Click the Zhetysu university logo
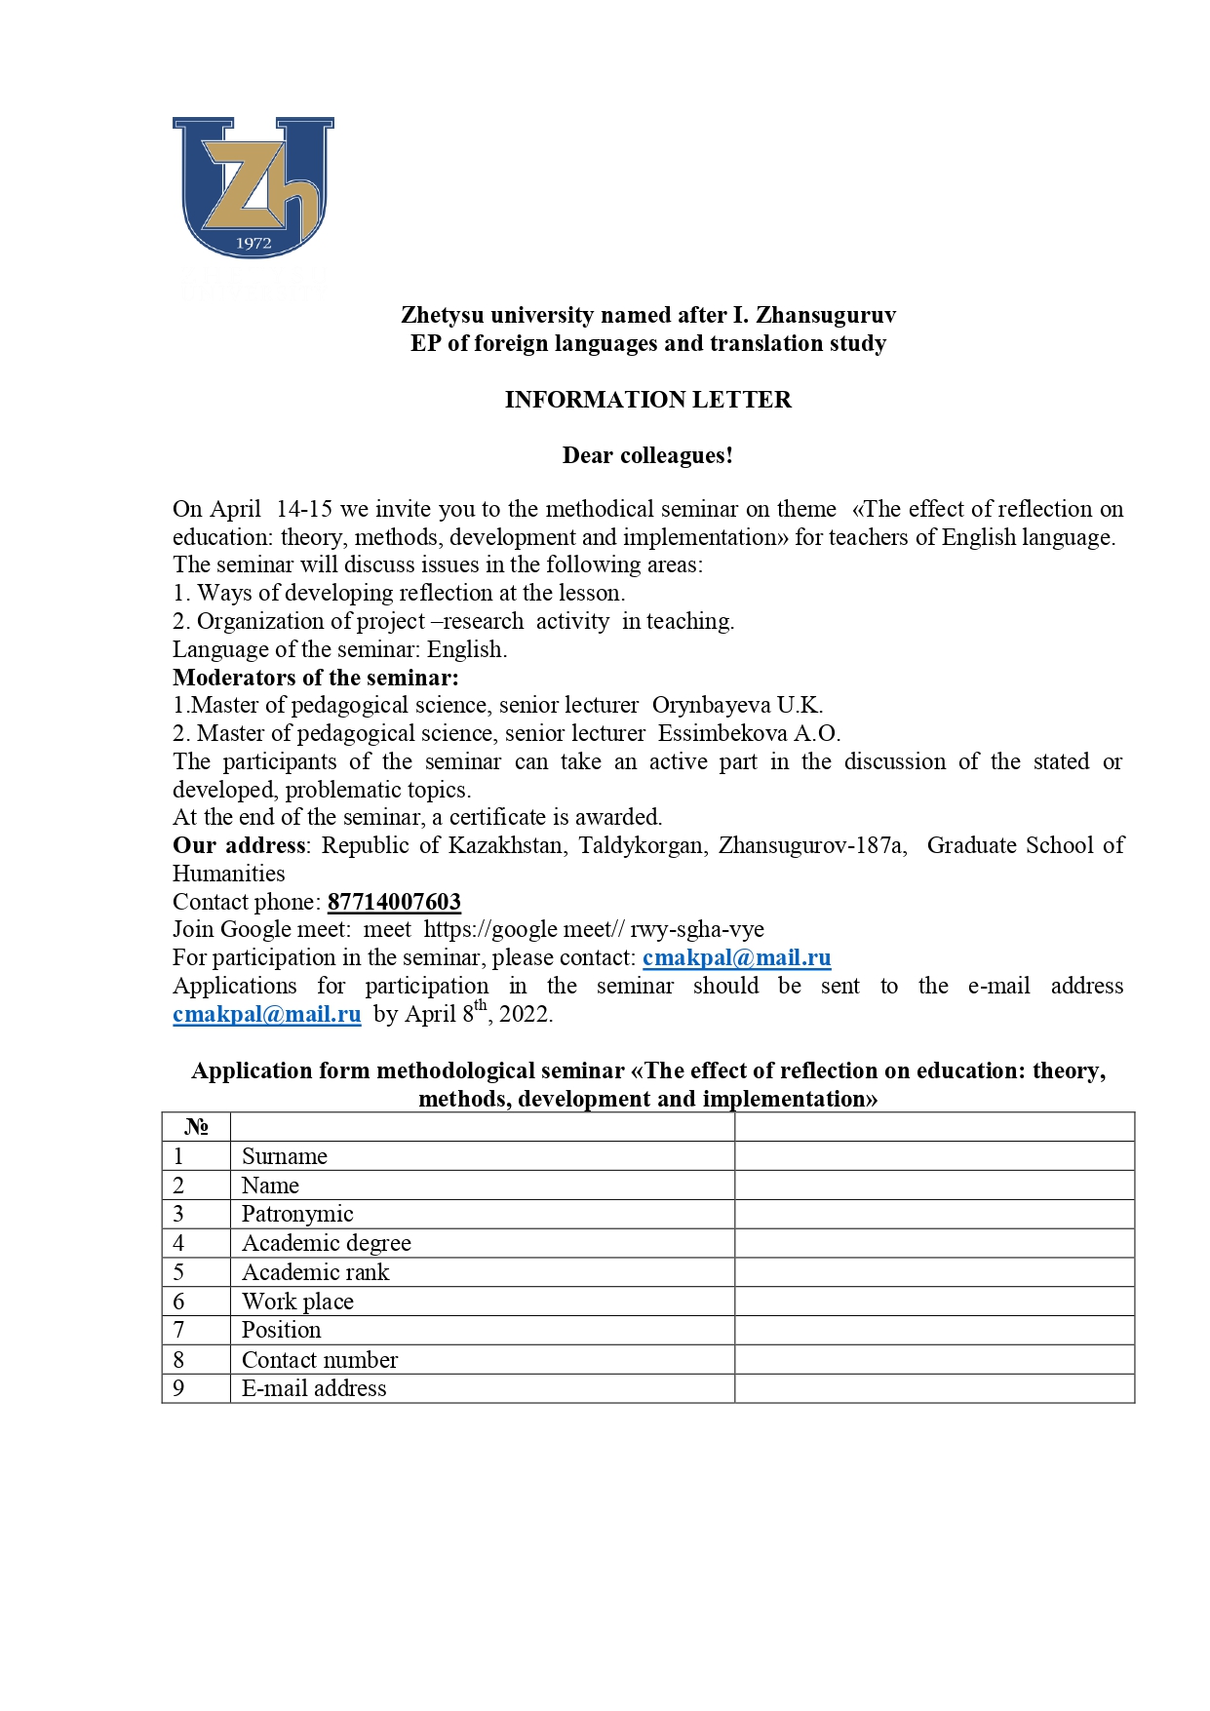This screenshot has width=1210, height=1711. tap(254, 187)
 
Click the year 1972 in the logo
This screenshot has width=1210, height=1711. tap(254, 244)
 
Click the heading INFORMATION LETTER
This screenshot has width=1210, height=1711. tap(647, 400)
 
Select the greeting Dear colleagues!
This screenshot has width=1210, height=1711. tap(647, 455)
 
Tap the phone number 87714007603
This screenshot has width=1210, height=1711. tap(394, 902)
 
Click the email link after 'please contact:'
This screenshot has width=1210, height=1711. tap(736, 957)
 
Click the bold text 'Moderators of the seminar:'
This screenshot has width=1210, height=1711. tap(316, 678)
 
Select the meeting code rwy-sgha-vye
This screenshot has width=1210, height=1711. tap(697, 929)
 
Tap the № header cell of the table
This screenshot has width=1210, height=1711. tap(196, 1127)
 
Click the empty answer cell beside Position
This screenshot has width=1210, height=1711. tap(934, 1330)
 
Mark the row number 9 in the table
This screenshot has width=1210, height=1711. tap(178, 1388)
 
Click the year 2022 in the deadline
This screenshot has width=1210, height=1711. tap(525, 1015)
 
